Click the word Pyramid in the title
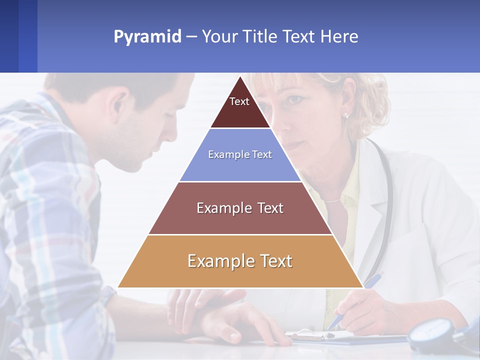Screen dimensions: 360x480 147,37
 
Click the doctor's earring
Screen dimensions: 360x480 345,115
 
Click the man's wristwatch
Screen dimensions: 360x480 107,295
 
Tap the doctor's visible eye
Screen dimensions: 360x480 296,100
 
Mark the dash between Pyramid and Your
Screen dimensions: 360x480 191,37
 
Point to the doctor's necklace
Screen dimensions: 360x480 332,200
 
